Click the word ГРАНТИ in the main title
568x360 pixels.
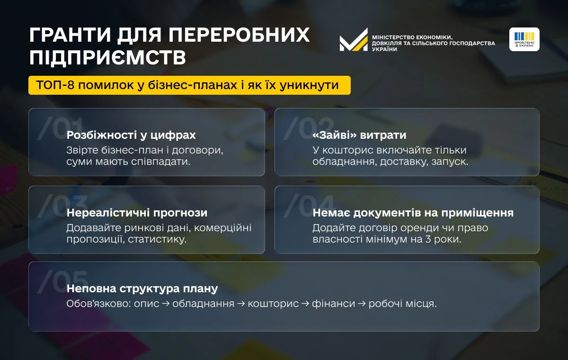(70, 35)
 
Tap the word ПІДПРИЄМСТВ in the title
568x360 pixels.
(108, 58)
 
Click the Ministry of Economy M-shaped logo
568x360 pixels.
(354, 40)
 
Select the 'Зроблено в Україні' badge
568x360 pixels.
(524, 39)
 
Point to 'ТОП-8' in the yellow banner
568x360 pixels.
(55, 85)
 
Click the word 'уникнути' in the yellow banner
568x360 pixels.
(309, 85)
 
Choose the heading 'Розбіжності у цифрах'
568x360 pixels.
(131, 135)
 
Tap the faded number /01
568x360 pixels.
(61, 128)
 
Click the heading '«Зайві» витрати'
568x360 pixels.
(359, 135)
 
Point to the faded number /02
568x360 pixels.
(309, 128)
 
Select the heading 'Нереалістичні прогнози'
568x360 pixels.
(137, 213)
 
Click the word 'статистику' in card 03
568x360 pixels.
(157, 240)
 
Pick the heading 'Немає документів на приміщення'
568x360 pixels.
(413, 213)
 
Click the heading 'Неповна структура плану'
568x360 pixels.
(142, 288)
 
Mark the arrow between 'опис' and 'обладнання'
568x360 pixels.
(166, 304)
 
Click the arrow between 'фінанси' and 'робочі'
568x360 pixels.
(362, 304)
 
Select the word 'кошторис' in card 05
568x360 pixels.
(273, 304)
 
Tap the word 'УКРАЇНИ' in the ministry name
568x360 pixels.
(384, 49)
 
